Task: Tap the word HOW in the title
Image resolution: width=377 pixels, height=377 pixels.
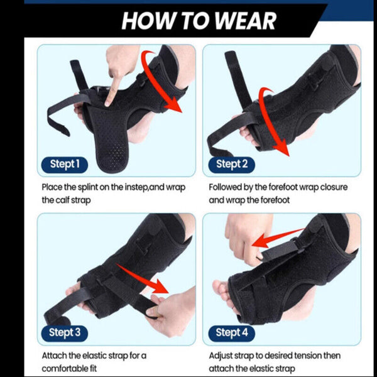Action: [x=145, y=20]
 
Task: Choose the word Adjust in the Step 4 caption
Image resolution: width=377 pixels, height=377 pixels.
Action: [x=222, y=355]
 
